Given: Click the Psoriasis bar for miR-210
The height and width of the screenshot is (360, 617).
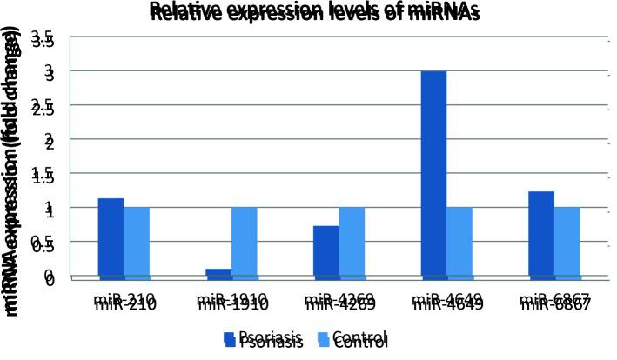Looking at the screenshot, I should (111, 237).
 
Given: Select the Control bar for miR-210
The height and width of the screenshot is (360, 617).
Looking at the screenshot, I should (137, 242).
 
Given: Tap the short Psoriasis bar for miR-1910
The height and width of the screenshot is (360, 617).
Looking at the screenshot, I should (218, 272).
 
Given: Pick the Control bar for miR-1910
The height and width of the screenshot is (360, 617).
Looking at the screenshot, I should (245, 242).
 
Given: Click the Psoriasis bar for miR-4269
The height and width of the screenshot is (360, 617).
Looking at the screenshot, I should (325, 250).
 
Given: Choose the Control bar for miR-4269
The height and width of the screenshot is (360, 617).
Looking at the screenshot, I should (352, 242).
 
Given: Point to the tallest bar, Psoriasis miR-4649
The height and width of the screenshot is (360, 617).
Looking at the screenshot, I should (433, 174).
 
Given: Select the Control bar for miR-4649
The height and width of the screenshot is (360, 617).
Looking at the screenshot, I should (459, 242).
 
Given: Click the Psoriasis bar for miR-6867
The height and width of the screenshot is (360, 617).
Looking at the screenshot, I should (540, 234).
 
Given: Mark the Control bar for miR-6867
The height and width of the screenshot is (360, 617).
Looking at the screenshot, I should (567, 242).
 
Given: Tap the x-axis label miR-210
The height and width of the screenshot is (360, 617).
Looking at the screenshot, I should (125, 303).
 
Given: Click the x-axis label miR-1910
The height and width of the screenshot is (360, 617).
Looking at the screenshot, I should (232, 303).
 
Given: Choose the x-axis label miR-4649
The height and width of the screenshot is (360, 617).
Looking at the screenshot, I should (447, 303).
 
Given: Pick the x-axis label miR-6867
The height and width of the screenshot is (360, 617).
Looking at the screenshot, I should (554, 303).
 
